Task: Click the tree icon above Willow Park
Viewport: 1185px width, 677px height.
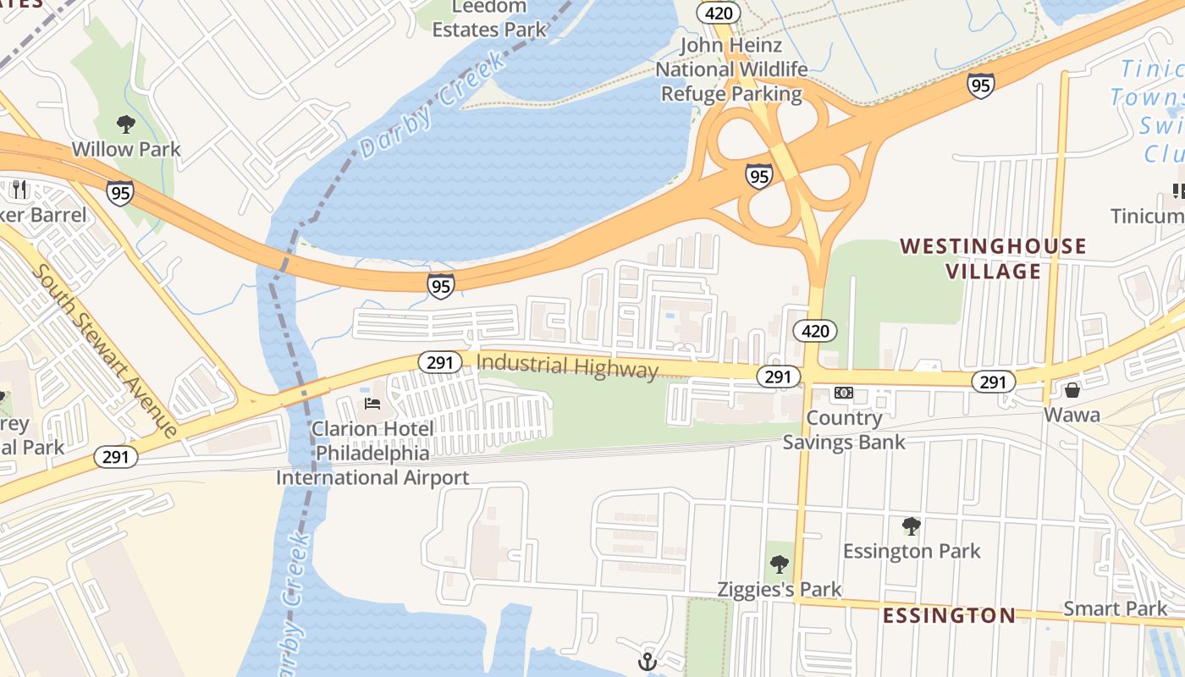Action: [125, 124]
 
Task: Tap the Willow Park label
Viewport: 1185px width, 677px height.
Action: [125, 150]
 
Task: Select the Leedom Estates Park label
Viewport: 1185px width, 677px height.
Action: [489, 19]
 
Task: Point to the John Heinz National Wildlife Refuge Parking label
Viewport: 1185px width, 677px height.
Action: [731, 69]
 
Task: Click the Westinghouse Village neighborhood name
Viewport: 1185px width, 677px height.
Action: [992, 259]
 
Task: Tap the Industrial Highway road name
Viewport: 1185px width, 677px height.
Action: [567, 366]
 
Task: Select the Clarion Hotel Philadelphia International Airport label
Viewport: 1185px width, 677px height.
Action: [372, 453]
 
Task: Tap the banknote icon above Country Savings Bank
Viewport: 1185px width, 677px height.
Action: [843, 393]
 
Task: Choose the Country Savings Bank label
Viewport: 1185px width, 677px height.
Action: [843, 430]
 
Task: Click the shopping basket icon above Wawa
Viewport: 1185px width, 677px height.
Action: [1072, 390]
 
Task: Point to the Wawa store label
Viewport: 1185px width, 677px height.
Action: [1072, 415]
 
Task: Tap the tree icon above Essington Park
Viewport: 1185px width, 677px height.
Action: [911, 526]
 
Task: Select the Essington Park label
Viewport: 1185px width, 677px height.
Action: [911, 552]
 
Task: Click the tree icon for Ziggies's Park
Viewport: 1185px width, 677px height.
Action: [779, 564]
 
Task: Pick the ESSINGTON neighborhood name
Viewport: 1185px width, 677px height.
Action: [948, 615]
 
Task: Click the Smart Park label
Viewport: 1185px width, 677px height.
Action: [1115, 608]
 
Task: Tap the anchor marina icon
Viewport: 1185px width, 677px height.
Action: [648, 661]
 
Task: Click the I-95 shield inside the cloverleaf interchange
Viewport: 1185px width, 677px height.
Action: [758, 176]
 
